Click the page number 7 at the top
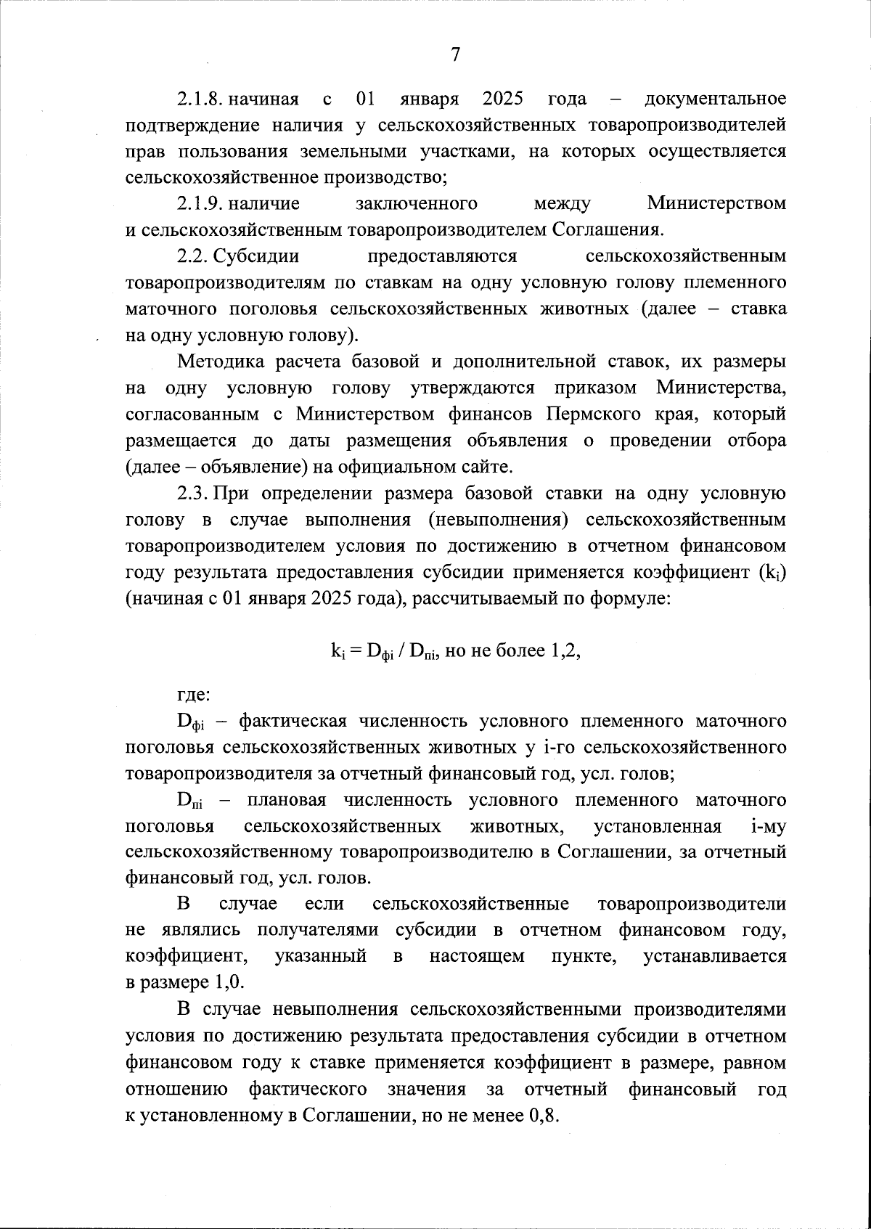click(455, 55)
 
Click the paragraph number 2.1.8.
click(200, 99)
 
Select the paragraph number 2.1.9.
click(200, 204)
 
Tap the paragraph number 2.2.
click(193, 256)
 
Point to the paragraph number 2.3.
click(193, 494)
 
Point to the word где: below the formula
click(194, 695)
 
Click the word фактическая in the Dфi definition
click(293, 721)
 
